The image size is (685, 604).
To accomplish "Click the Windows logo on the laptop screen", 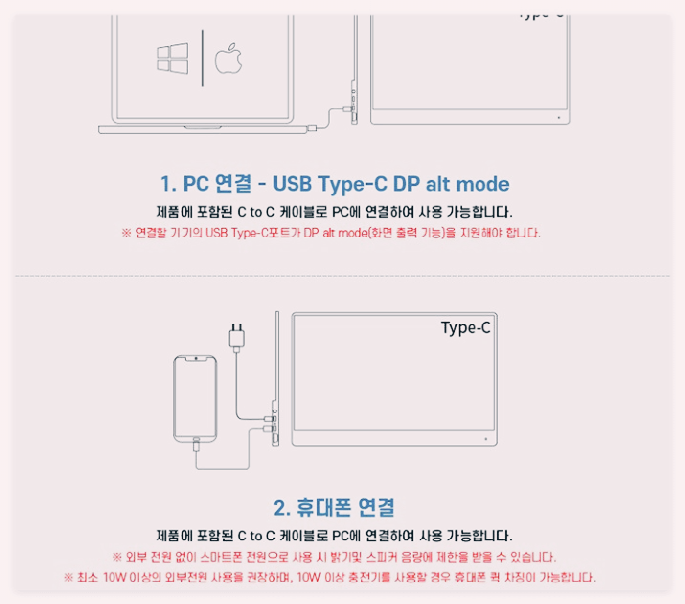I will tap(172, 59).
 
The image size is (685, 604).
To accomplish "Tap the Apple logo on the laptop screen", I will tap(227, 58).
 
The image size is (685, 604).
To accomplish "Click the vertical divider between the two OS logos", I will tap(202, 59).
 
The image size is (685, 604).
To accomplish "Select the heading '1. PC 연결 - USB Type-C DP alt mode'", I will tap(335, 184).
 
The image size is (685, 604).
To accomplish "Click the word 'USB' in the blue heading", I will tap(297, 184).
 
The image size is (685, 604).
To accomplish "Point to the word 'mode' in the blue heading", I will tap(481, 184).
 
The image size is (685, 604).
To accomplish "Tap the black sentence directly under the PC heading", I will tap(334, 211).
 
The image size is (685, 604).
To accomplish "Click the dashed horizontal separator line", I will tap(342, 277).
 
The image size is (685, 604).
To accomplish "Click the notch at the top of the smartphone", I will tap(196, 361).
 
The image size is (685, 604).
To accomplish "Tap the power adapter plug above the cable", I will tap(235, 337).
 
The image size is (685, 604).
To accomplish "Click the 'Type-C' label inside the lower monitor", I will tap(466, 327).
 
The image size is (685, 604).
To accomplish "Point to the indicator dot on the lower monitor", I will tap(485, 439).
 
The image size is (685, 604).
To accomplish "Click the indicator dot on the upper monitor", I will tap(557, 117).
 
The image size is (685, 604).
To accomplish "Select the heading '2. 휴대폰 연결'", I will tap(335, 508).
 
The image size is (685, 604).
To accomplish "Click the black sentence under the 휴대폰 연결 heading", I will tap(334, 536).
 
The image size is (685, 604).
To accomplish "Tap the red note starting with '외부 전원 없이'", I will tap(334, 557).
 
